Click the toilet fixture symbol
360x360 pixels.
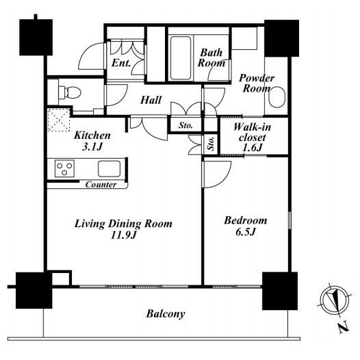click(70, 92)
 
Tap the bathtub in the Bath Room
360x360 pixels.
click(181, 58)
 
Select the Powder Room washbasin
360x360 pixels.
click(277, 97)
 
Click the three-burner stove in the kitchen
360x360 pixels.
click(64, 168)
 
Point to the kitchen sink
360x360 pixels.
click(109, 168)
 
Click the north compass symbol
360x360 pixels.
click(334, 300)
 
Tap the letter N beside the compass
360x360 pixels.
click(344, 328)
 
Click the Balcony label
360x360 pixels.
click(166, 314)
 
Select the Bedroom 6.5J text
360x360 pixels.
click(246, 226)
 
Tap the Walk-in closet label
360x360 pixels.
click(252, 138)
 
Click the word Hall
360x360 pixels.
click(151, 100)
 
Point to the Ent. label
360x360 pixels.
click(121, 63)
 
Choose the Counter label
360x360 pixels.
click(101, 185)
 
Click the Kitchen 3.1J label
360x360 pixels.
click(92, 141)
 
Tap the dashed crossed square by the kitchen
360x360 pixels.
click(59, 120)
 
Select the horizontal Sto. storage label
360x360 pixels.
click(185, 125)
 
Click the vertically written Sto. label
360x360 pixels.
click(211, 144)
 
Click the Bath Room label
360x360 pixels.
click(211, 58)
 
